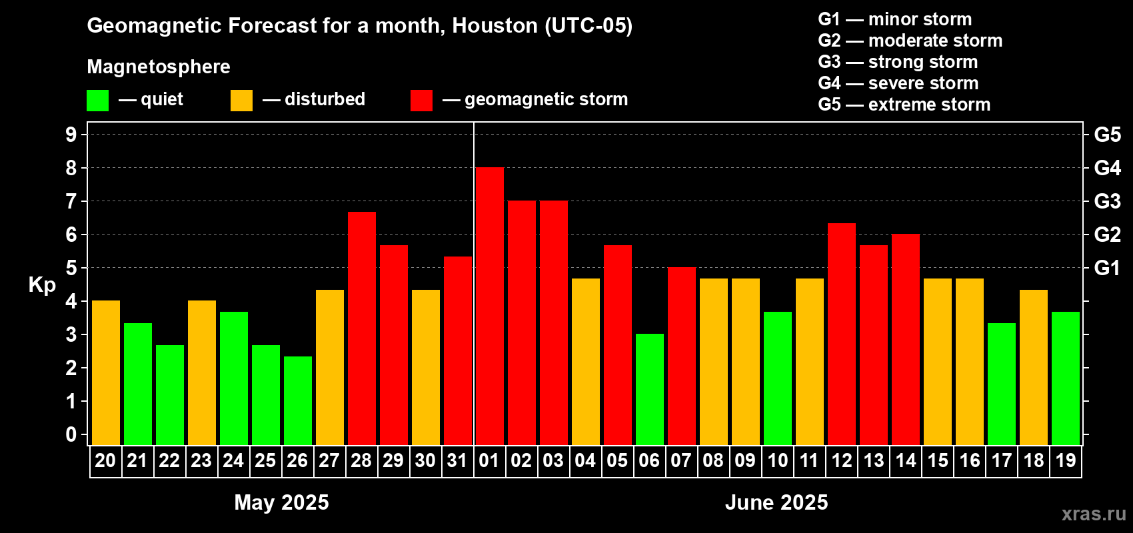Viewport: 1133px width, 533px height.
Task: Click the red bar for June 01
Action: pyautogui.click(x=489, y=306)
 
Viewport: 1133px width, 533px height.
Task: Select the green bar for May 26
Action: pyautogui.click(x=297, y=400)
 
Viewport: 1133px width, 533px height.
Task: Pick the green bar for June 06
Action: pyautogui.click(x=649, y=389)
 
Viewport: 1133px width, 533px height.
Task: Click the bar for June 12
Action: pyautogui.click(x=841, y=334)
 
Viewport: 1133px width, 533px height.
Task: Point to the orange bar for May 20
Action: pyautogui.click(x=105, y=372)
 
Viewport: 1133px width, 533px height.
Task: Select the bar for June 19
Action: pyautogui.click(x=1065, y=378)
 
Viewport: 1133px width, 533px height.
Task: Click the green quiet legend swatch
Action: pyautogui.click(x=97, y=101)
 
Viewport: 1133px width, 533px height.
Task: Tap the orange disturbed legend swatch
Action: pyautogui.click(x=241, y=101)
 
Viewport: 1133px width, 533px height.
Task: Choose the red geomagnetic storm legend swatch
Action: pyautogui.click(x=421, y=101)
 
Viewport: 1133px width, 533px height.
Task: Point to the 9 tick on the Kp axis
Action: pyautogui.click(x=71, y=135)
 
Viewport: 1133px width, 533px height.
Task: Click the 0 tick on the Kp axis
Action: pyautogui.click(x=71, y=434)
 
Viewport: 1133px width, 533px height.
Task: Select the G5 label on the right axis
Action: pyautogui.click(x=1107, y=135)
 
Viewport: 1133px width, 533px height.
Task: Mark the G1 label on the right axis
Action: pyautogui.click(x=1107, y=268)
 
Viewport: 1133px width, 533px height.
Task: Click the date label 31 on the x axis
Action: pyautogui.click(x=457, y=460)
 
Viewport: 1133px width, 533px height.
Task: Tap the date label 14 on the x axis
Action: pyautogui.click(x=905, y=460)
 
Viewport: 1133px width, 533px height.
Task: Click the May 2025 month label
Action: pyautogui.click(x=281, y=502)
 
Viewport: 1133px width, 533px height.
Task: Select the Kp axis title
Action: pyautogui.click(x=42, y=284)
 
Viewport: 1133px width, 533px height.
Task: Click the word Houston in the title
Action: pyautogui.click(x=495, y=25)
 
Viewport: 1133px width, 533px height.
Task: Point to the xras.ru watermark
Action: pyautogui.click(x=1093, y=513)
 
